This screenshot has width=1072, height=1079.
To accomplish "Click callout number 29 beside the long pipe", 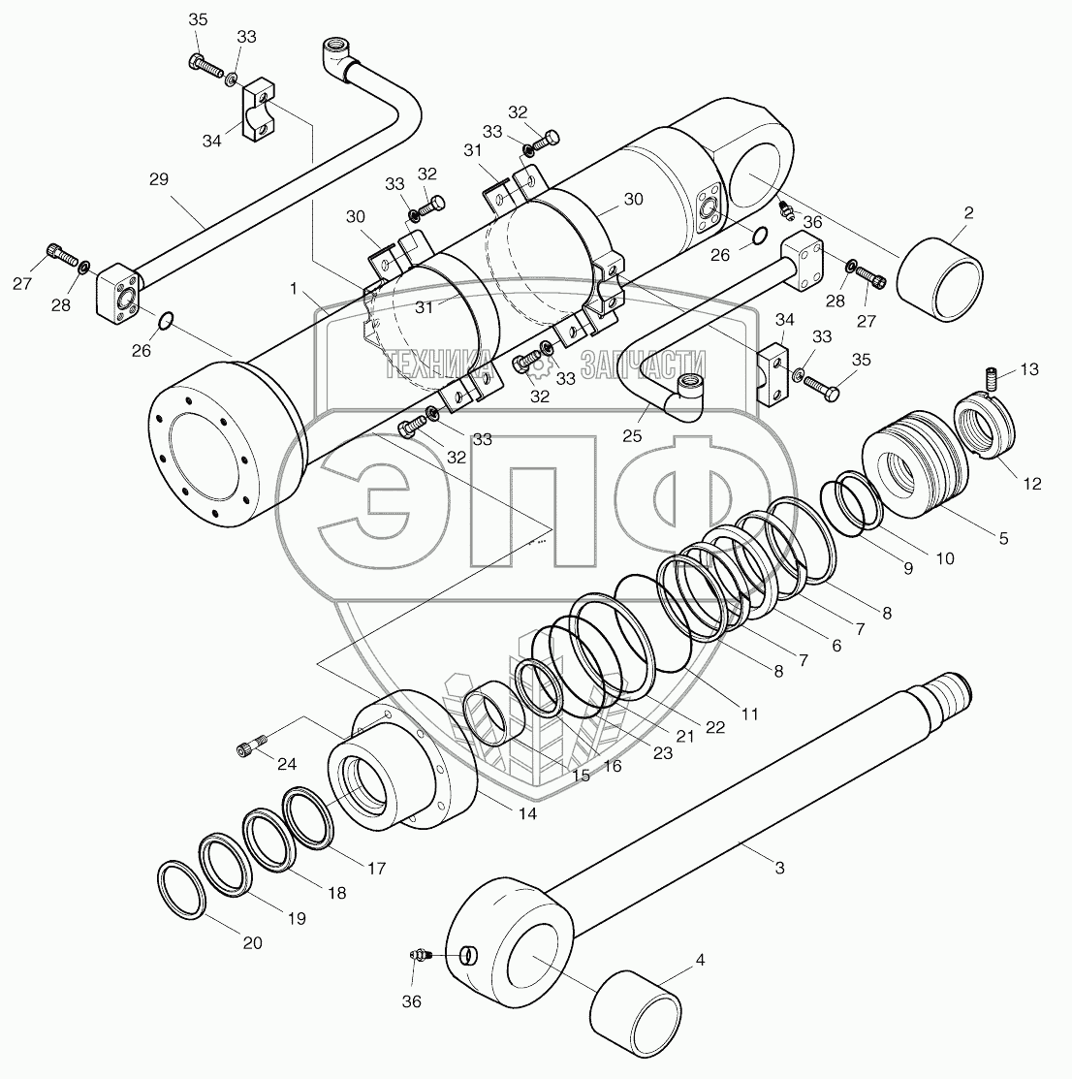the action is coord(159,179).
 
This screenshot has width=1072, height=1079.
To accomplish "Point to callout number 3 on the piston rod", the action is coord(779,869).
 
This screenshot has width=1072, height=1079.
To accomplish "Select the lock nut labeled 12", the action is coord(986,426).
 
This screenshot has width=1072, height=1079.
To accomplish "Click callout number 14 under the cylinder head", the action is coord(527,814).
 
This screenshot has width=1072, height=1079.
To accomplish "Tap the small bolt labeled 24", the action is coord(250,747).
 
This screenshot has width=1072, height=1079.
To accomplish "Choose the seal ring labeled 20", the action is coord(179,887).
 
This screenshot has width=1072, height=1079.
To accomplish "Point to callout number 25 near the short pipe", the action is coord(632,437).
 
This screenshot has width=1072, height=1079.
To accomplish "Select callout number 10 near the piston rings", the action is coord(945,558).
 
